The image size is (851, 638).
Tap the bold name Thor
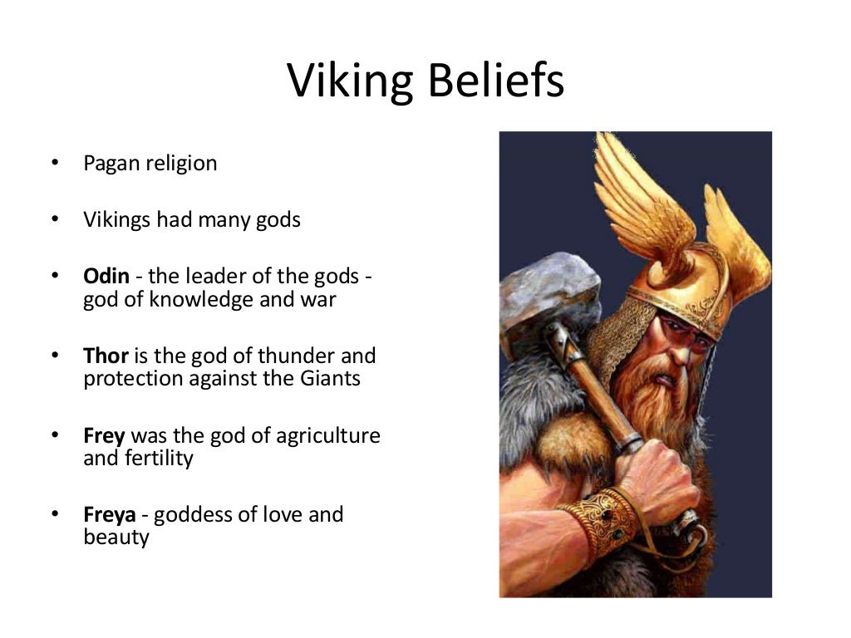(x=106, y=356)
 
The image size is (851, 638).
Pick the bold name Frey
(x=105, y=435)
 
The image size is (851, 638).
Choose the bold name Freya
(x=110, y=514)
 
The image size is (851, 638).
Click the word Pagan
(x=112, y=164)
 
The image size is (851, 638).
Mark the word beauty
(x=116, y=537)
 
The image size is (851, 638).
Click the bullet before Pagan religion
(x=55, y=163)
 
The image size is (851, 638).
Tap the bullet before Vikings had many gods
(x=55, y=219)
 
